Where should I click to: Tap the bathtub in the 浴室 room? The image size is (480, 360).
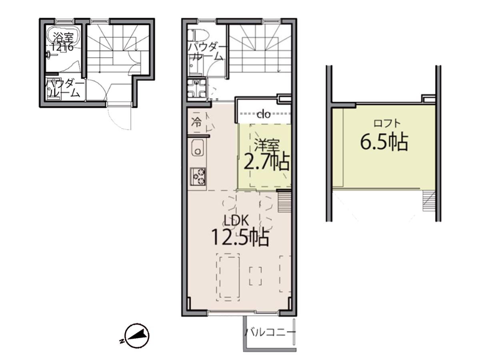(63, 37)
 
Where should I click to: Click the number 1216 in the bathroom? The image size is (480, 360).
(62, 47)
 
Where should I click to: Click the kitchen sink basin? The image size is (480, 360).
(198, 148)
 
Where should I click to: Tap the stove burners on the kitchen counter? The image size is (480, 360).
(198, 176)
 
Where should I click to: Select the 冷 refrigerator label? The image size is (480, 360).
(196, 123)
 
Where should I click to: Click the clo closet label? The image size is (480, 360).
(264, 114)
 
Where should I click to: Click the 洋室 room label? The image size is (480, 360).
(266, 145)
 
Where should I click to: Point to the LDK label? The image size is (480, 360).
(237, 220)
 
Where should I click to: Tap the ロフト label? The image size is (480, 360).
(387, 124)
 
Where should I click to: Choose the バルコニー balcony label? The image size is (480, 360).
(270, 333)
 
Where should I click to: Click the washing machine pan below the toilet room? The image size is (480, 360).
(197, 88)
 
